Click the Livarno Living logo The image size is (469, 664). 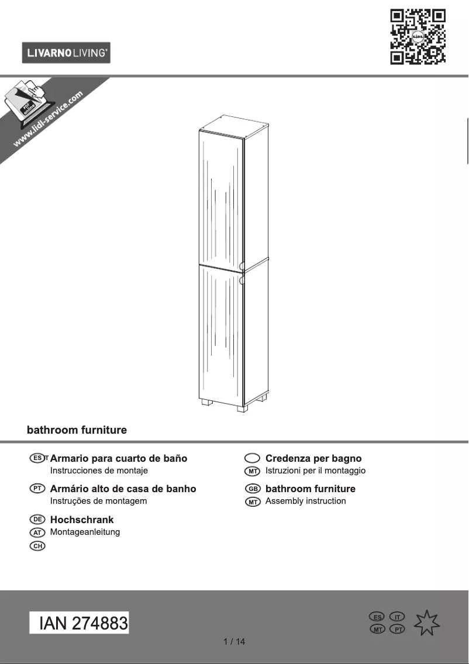click(66, 53)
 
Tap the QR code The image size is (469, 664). click(418, 36)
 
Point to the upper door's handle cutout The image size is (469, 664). click(241, 265)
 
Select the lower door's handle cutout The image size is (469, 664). click(241, 281)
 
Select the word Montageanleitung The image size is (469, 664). click(85, 532)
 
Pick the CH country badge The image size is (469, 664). click(37, 546)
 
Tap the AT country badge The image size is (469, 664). click(37, 532)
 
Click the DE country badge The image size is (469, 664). click(37, 519)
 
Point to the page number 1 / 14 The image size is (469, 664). click(235, 642)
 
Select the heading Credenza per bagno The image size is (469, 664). click(313, 458)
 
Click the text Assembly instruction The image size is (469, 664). click(305, 501)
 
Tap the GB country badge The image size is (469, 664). click(252, 489)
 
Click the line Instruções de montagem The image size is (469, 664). click(98, 501)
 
